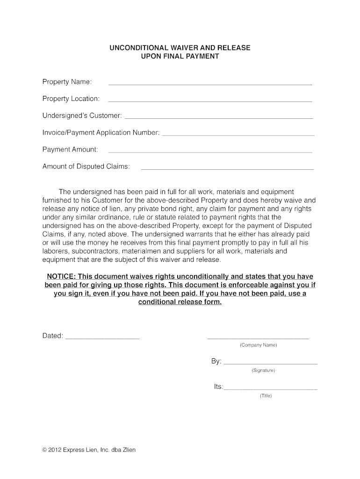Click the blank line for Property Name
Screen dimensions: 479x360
point(210,84)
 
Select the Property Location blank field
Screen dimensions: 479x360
point(210,101)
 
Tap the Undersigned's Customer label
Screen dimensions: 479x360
point(82,116)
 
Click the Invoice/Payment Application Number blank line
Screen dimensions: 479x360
point(238,135)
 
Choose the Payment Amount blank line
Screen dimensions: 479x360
point(210,152)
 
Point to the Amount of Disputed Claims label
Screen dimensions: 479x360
point(86,167)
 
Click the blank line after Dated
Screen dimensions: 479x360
point(102,338)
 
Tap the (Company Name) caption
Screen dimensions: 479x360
point(258,345)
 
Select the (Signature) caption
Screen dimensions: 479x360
point(263,370)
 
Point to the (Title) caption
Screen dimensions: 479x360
point(266,396)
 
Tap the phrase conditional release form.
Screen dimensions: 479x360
point(180,302)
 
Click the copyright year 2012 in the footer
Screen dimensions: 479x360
point(55,450)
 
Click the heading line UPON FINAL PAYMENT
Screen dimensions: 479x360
point(180,57)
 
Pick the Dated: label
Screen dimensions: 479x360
point(53,336)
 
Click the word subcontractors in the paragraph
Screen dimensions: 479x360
point(92,251)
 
